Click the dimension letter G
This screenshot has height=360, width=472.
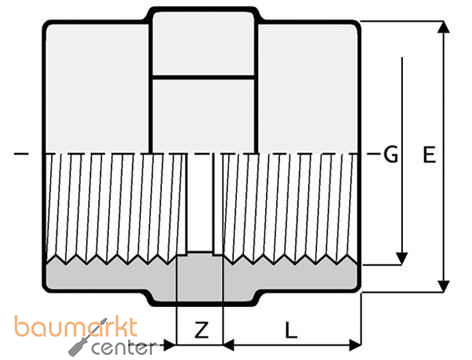(391, 155)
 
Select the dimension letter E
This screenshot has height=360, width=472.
(429, 155)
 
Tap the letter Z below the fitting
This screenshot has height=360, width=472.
(200, 328)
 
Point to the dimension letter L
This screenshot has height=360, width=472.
(290, 328)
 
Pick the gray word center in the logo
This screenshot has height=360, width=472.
(124, 348)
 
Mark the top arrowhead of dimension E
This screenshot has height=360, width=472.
(441, 24)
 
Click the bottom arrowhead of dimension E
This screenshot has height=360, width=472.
(441, 286)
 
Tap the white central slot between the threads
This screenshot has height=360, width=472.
(200, 200)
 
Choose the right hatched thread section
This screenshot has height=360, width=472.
(290, 205)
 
